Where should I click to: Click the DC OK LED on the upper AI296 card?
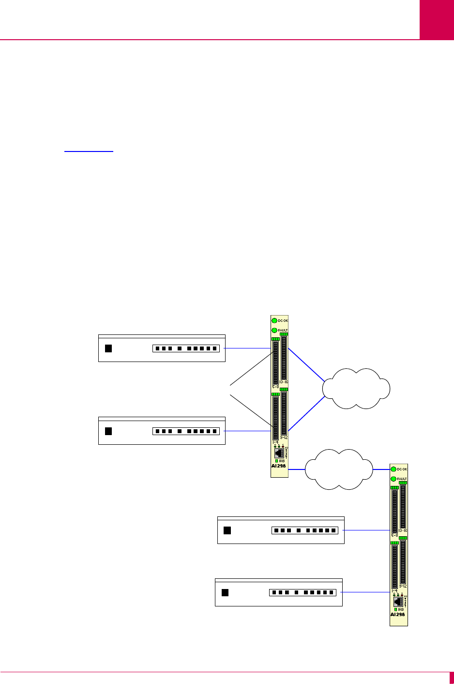click(x=274, y=320)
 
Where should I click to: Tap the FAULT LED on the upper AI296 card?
click(x=274, y=330)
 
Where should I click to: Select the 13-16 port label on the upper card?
click(x=284, y=382)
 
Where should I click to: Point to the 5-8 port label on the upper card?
click(x=275, y=387)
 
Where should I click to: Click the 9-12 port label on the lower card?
click(x=403, y=586)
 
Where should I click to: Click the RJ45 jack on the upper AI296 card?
click(x=279, y=453)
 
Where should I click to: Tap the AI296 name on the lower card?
click(x=397, y=615)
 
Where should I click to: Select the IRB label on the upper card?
click(x=282, y=461)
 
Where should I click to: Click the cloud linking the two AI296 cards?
click(x=339, y=469)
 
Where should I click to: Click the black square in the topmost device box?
click(x=108, y=348)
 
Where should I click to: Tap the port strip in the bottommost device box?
click(x=303, y=592)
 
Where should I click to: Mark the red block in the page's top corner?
click(x=437, y=19)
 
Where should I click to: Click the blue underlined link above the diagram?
click(x=89, y=151)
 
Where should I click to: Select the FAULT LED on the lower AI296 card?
click(x=393, y=479)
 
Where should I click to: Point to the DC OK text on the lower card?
click(x=402, y=469)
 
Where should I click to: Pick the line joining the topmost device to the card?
click(x=248, y=348)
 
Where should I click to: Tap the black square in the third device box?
click(x=227, y=530)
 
